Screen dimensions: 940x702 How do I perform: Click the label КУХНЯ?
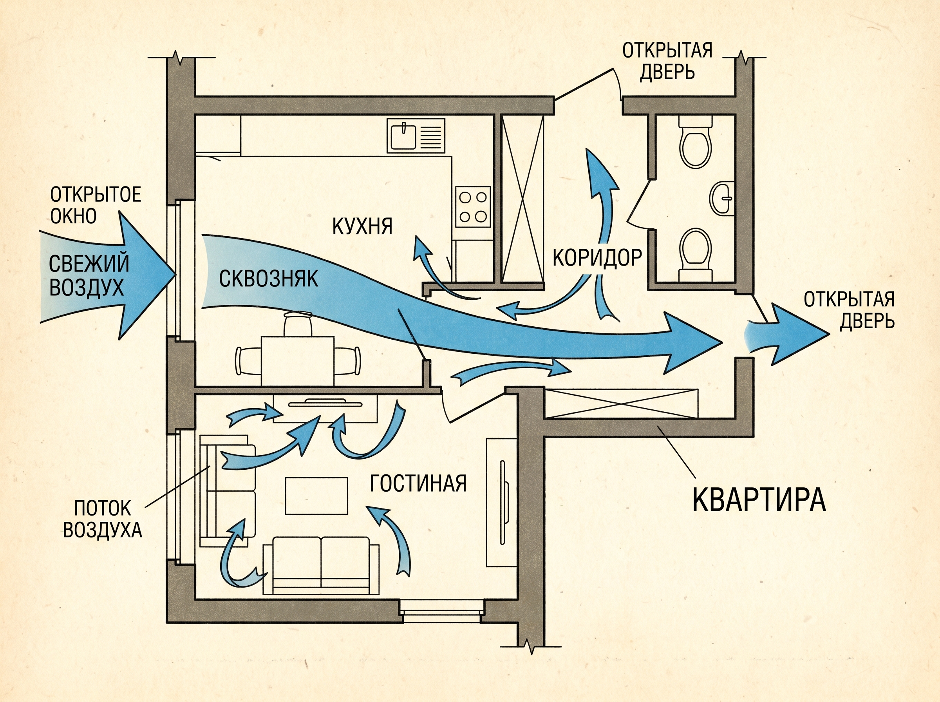pos(362,226)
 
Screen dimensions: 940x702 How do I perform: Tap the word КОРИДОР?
pos(597,257)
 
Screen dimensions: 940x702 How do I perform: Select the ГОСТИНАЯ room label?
pos(418,483)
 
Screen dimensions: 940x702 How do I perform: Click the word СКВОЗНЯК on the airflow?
pos(268,279)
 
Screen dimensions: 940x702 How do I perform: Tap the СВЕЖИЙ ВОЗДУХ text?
pos(89,275)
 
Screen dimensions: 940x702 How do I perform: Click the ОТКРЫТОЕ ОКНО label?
pos(96,205)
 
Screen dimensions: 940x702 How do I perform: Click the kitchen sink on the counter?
pos(416,136)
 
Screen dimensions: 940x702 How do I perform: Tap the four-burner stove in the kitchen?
pos(473,207)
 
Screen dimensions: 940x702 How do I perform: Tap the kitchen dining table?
pos(297,361)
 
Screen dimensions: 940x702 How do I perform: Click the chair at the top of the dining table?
pos(298,324)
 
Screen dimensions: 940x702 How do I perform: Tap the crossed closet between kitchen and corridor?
pos(522,199)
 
